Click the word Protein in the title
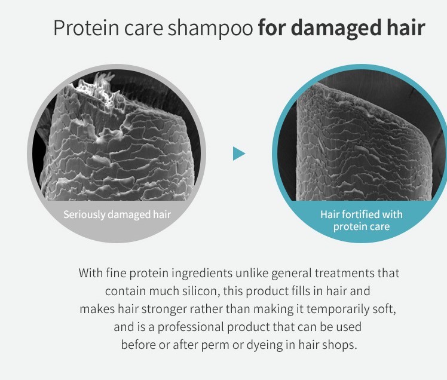(87, 27)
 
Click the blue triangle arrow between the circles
(239, 154)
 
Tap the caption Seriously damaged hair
(117, 214)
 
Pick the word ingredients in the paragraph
(202, 273)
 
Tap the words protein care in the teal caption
(361, 226)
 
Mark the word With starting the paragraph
(90, 273)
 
